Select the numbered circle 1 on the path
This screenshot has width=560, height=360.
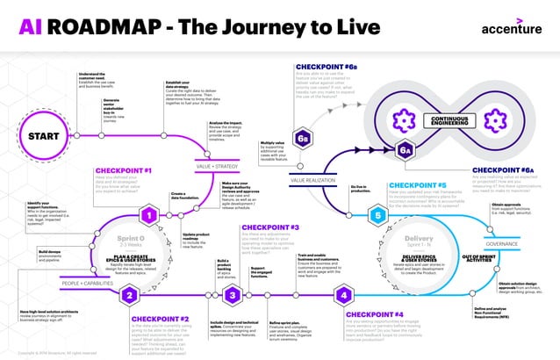point(150,214)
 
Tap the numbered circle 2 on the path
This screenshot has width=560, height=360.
point(129,296)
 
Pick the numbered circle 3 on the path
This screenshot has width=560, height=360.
point(233,296)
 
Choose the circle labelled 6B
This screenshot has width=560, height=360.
point(304,138)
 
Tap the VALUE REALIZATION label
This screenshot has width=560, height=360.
point(313,178)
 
